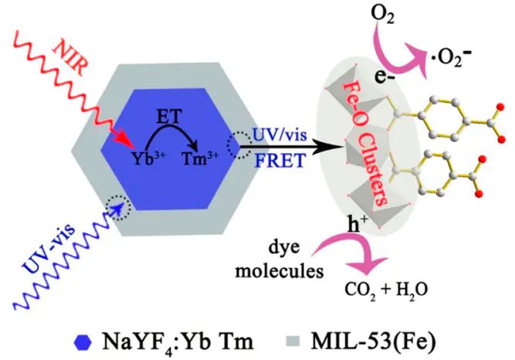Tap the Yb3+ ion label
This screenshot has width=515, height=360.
click(147, 158)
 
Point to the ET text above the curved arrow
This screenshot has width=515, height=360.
click(169, 117)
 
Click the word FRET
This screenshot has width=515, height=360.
click(280, 161)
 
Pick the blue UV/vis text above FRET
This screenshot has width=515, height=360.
click(280, 134)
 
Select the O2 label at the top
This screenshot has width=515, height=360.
click(382, 15)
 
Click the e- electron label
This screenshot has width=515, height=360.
click(385, 78)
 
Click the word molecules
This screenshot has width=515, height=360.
click(280, 271)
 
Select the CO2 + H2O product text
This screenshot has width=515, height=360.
click(386, 290)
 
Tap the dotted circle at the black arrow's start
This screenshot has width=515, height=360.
click(239, 144)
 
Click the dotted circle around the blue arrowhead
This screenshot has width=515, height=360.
click(118, 207)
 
